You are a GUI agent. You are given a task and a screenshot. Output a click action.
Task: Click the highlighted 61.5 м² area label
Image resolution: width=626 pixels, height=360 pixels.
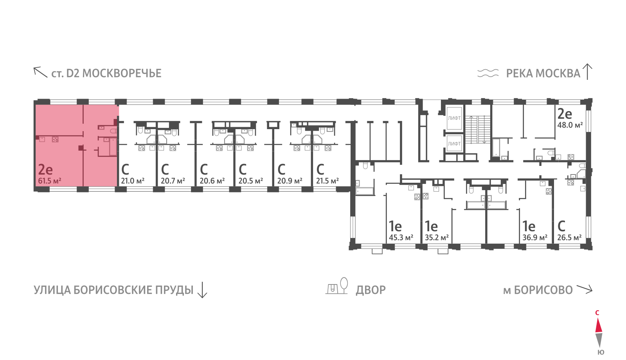point(49,181)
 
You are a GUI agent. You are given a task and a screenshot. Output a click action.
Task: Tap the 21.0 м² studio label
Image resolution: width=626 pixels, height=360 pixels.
point(132,181)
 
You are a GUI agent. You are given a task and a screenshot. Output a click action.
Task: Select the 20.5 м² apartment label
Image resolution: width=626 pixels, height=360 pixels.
point(250,181)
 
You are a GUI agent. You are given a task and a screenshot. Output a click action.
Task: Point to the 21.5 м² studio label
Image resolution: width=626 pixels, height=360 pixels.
point(327,181)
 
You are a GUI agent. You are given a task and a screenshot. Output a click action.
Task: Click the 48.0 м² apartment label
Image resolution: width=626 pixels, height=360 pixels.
point(570,125)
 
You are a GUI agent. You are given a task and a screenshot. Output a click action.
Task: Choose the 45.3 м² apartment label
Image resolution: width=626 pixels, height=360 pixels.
point(401,238)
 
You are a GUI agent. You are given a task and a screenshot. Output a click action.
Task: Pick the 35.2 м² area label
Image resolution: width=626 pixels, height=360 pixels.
point(437,238)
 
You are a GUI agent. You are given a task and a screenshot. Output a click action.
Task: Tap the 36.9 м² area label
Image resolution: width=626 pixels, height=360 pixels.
point(535,238)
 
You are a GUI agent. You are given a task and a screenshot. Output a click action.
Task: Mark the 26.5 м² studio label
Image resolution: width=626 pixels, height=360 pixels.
point(569,238)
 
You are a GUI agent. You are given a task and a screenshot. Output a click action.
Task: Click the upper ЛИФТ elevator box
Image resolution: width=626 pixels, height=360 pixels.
point(454,118)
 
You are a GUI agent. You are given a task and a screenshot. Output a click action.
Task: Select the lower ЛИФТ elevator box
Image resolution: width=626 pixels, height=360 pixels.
point(454,144)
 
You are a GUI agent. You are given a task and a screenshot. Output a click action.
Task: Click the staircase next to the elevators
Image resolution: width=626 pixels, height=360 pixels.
point(477,129)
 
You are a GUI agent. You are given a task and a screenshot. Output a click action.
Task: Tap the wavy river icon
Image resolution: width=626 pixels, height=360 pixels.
point(488,73)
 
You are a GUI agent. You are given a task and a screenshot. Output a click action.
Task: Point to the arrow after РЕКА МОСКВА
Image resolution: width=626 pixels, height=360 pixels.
point(587,72)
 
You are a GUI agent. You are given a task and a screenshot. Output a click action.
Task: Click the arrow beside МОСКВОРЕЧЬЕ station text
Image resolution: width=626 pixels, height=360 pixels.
point(40,72)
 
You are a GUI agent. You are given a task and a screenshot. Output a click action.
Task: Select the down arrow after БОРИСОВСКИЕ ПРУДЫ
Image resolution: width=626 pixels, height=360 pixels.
point(202,290)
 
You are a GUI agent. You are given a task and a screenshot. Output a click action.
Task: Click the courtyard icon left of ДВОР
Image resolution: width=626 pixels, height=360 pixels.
point(337,286)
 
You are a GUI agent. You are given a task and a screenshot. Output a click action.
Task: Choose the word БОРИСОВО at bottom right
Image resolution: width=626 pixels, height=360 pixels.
point(543,290)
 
